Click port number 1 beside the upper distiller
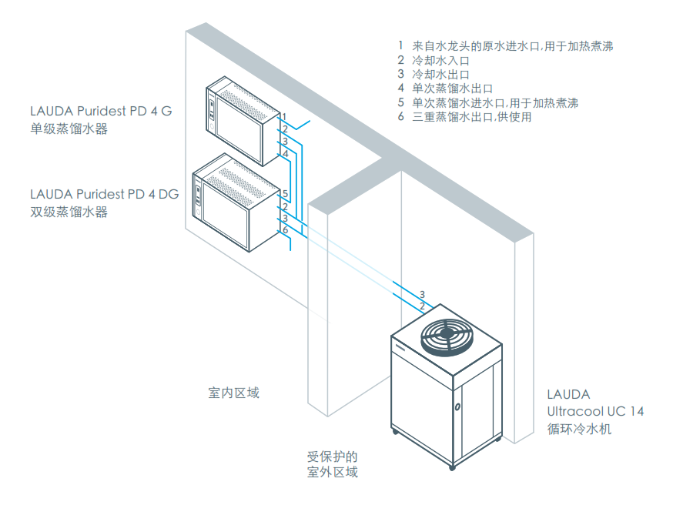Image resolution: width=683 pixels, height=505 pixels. click(284, 115)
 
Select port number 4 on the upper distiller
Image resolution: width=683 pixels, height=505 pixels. click(285, 154)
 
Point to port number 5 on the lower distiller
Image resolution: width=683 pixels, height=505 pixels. click(285, 194)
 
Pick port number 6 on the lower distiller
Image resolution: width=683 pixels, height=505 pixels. click(285, 230)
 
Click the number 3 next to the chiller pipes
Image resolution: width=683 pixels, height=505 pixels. click(422, 295)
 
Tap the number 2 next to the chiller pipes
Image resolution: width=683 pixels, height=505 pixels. click(422, 307)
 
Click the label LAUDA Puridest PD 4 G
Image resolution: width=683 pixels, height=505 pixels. click(101, 111)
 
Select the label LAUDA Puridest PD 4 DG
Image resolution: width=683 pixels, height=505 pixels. click(104, 194)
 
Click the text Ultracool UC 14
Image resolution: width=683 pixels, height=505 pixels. click(595, 411)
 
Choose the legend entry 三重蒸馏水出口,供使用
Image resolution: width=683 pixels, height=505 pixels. click(472, 117)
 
